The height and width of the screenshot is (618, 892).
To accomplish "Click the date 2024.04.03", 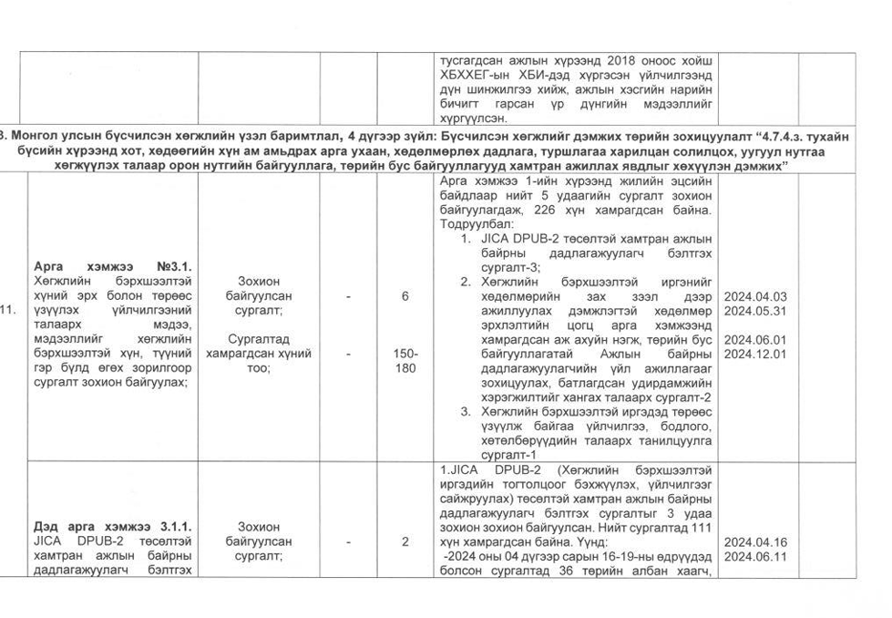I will [x=754, y=297].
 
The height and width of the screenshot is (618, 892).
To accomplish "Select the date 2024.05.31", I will [x=754, y=311].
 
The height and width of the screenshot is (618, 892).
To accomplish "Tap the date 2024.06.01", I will [x=754, y=339].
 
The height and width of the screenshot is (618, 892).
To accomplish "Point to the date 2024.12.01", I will [x=754, y=354].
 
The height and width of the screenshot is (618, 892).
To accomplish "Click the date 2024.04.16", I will [x=754, y=541].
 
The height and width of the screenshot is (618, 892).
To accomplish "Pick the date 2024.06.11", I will [x=754, y=556].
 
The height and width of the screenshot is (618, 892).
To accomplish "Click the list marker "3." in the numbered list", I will [x=465, y=413].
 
